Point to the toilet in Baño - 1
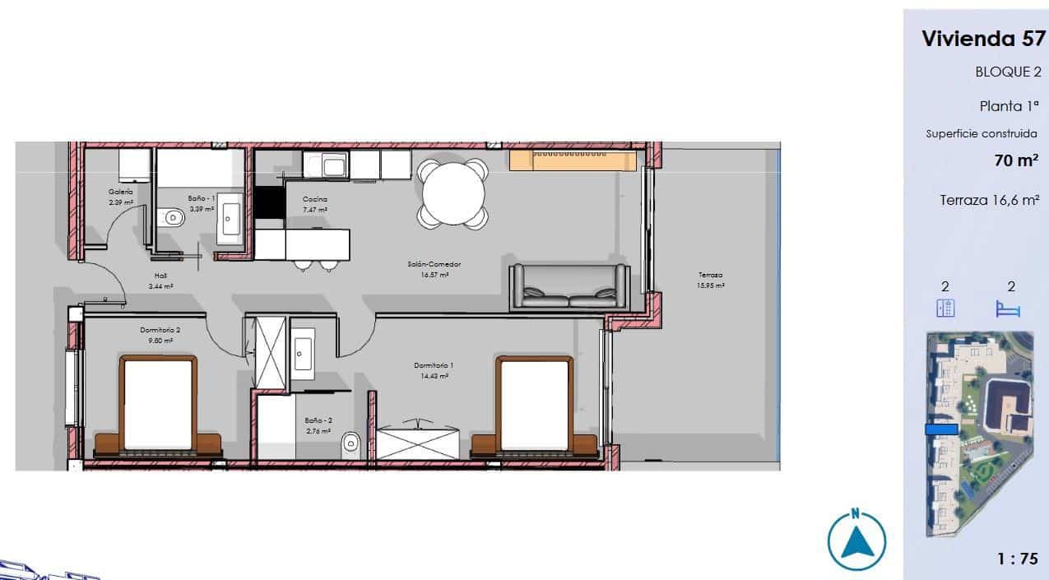(x=174, y=218)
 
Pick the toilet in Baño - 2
(x=351, y=443)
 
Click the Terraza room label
(x=711, y=276)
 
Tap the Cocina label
(x=315, y=199)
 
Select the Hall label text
(x=160, y=276)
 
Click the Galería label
(x=120, y=191)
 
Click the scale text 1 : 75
(x=1017, y=559)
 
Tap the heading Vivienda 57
(x=982, y=39)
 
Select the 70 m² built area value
(x=1015, y=160)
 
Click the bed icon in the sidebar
(x=1008, y=309)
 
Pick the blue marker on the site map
(x=941, y=429)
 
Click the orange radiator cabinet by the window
(x=573, y=160)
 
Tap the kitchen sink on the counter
(x=333, y=167)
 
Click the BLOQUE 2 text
(x=1008, y=72)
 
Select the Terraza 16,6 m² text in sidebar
(x=989, y=200)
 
